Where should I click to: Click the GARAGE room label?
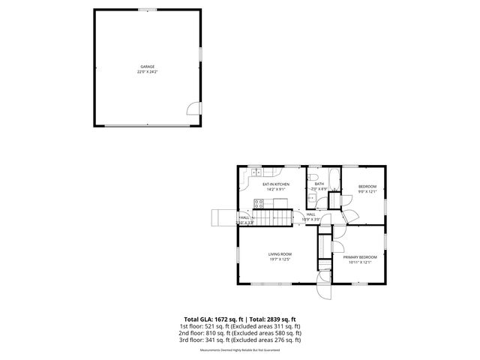(x=147, y=67)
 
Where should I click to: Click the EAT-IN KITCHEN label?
(x=276, y=184)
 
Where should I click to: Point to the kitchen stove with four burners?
(x=259, y=202)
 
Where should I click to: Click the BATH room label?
(x=319, y=184)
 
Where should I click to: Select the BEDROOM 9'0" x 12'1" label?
(x=367, y=186)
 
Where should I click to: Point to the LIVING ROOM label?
(x=280, y=254)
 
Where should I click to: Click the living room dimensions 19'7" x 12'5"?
(x=280, y=259)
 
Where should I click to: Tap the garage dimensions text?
(x=147, y=72)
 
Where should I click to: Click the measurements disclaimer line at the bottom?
(x=239, y=350)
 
